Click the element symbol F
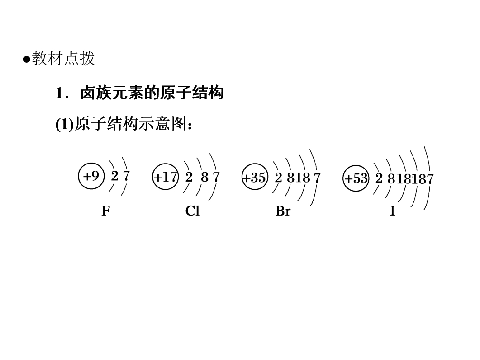(x=106, y=211)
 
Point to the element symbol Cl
(x=192, y=211)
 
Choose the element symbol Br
(x=283, y=211)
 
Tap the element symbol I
(x=393, y=211)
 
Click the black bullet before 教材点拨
(x=27, y=59)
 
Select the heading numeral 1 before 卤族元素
(x=59, y=93)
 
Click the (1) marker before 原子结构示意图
(x=65, y=125)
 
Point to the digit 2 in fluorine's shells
(x=115, y=176)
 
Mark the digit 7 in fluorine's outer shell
(x=126, y=176)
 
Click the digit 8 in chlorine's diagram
(x=205, y=177)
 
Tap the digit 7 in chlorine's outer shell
(x=216, y=177)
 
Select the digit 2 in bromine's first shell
(x=278, y=177)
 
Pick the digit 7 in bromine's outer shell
(x=317, y=178)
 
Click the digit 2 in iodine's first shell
(x=379, y=178)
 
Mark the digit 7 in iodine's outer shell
(x=430, y=179)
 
